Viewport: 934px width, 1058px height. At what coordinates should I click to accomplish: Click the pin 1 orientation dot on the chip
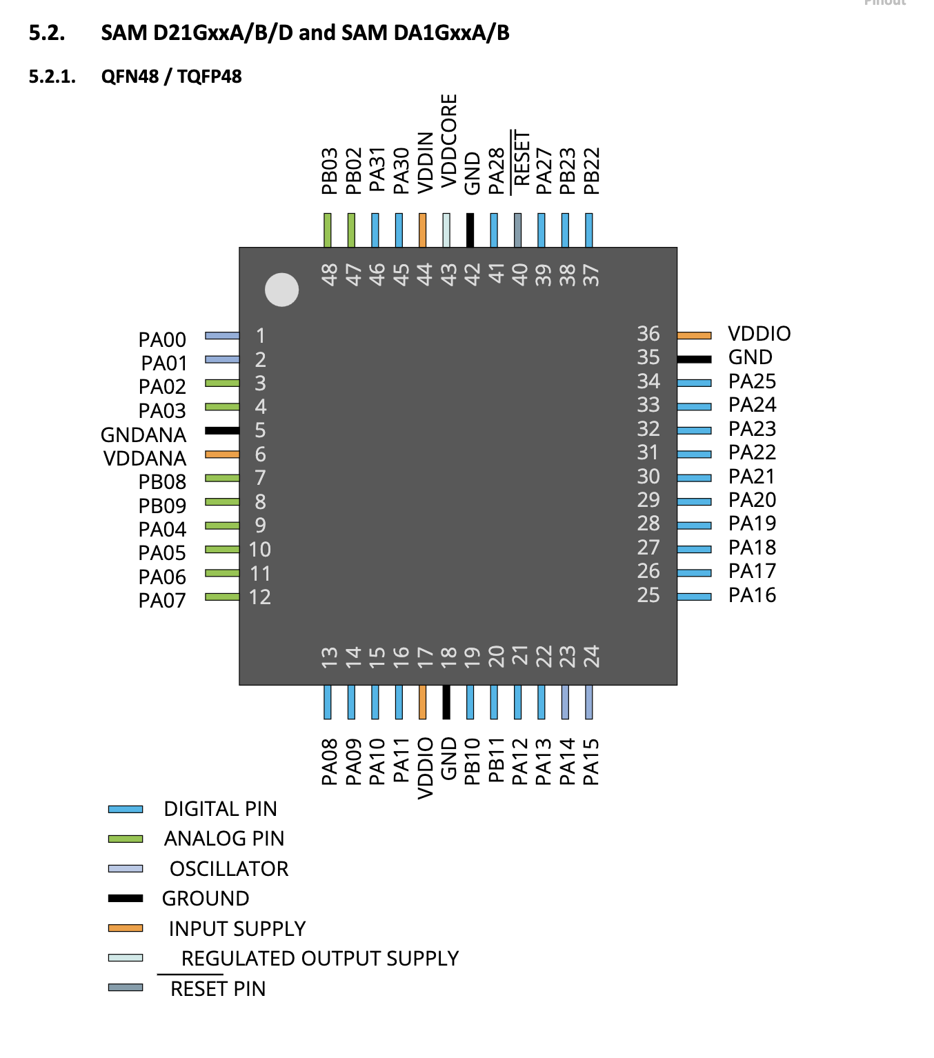pos(281,290)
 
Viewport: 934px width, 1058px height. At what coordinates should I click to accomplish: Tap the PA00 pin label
pos(162,339)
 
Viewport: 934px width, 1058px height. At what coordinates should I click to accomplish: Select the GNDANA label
pos(143,435)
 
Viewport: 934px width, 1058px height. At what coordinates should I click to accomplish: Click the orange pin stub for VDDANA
pos(221,455)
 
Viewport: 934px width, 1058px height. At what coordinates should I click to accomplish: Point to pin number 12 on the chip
pos(260,597)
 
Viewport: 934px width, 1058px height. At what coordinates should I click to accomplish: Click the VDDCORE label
pos(448,141)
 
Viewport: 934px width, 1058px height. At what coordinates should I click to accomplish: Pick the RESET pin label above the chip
pos(521,159)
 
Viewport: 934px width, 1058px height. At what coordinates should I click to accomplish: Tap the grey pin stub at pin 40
pos(517,230)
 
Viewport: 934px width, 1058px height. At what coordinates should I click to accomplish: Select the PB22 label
pos(591,171)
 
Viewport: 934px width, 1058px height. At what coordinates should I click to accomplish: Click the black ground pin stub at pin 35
pos(694,359)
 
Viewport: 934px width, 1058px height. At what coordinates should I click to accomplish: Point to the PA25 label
pos(752,381)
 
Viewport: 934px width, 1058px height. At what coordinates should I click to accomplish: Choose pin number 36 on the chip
pos(648,334)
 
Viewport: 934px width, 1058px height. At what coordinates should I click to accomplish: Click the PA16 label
pos(752,595)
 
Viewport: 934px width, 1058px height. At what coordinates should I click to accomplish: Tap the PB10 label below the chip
pos(472,761)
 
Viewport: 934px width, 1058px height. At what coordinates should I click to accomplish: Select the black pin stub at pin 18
pos(446,702)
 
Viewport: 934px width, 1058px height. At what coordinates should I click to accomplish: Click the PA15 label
pos(591,761)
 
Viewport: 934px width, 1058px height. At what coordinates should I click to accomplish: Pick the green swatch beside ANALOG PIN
pos(126,839)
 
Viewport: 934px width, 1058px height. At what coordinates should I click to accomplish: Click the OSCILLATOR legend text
pos(229,868)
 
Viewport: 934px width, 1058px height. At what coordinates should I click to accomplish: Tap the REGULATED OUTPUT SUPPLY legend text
pos(320,959)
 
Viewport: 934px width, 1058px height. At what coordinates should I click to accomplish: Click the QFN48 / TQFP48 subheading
pos(171,77)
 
